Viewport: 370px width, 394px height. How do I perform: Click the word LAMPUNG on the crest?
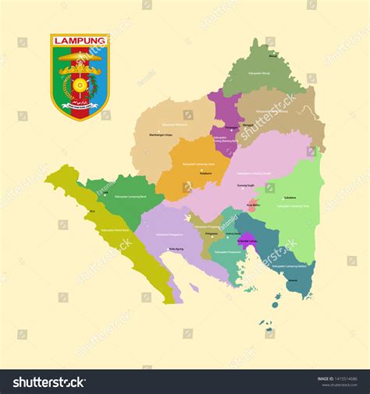80,40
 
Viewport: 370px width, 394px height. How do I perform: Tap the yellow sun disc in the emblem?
80,83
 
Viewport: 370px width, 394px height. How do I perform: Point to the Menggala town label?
247,125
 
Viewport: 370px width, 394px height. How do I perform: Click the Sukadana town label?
290,198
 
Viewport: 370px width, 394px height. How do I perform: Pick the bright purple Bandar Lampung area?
247,240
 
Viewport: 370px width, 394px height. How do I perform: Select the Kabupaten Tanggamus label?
169,232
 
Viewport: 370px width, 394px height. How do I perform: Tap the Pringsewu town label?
212,232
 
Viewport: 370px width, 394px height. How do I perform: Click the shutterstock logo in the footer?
48,382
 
